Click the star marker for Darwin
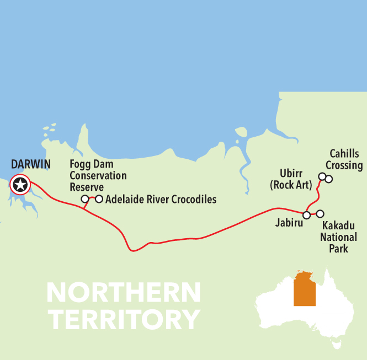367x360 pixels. [20, 185]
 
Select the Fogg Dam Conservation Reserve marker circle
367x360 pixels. [84, 199]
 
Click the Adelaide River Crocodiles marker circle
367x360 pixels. [99, 198]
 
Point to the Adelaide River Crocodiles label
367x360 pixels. [161, 199]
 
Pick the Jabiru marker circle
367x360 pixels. [306, 214]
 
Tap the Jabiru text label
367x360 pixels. [288, 224]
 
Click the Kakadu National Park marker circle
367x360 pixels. [320, 213]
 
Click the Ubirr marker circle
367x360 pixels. [322, 177]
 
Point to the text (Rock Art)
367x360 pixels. [291, 185]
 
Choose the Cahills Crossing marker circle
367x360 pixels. [329, 179]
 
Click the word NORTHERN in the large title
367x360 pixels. [123, 293]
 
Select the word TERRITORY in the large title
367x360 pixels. [123, 319]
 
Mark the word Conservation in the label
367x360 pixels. [98, 176]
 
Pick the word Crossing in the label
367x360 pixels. [344, 165]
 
